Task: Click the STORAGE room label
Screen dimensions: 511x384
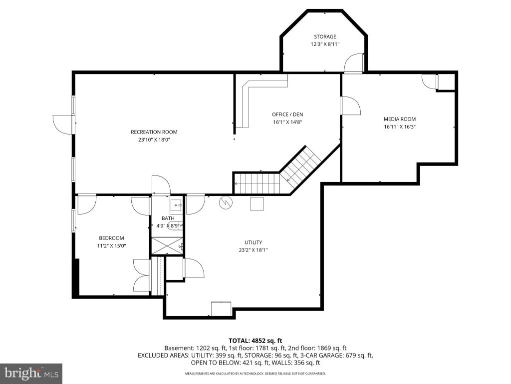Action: [325, 36]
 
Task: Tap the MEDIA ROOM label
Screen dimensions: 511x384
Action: [400, 119]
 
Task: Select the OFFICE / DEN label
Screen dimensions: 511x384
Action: [287, 114]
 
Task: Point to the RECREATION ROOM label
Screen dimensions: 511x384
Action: [154, 132]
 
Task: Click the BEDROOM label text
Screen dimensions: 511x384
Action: [111, 238]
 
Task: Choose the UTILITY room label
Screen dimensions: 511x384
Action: [253, 242]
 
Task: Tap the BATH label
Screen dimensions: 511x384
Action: [168, 218]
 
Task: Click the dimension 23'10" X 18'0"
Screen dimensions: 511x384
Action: [154, 140]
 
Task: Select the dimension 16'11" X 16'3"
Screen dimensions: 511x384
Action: [400, 127]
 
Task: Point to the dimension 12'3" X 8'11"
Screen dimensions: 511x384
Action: [325, 44]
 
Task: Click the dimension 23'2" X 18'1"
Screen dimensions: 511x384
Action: [253, 250]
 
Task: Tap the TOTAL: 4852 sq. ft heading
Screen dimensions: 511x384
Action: [255, 341]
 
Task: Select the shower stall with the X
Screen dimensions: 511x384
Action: [167, 246]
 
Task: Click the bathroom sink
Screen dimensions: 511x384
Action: [176, 206]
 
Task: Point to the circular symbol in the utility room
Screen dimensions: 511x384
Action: [226, 203]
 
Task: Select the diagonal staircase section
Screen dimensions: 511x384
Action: [300, 168]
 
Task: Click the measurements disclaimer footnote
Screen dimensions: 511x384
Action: [255, 373]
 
